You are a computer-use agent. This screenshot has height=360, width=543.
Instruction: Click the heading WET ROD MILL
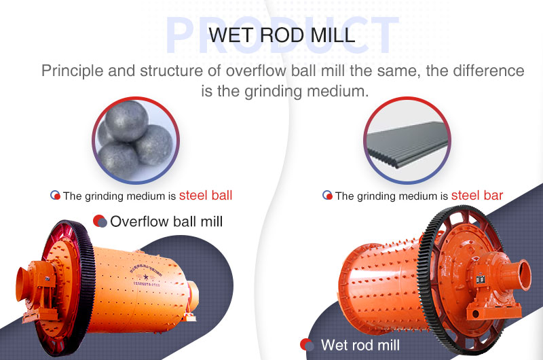coord(282,35)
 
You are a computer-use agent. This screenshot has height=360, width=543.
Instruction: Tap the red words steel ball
coord(206,196)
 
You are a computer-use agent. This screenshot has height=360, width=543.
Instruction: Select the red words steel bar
coord(477,196)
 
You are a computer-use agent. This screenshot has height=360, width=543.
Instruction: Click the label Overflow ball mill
coord(166,221)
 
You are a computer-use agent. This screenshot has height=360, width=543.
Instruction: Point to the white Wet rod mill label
coord(360,345)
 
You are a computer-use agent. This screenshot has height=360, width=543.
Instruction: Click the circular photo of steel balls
coord(136,141)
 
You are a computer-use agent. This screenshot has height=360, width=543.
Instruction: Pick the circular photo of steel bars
coord(407,141)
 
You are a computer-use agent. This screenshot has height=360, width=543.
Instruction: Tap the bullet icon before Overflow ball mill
coord(100,221)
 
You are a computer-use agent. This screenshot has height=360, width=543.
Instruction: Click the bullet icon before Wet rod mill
coord(307,345)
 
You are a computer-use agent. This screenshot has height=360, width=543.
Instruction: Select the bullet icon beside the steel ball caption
coord(55,196)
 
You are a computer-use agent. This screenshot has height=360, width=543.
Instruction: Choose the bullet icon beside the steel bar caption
coord(327,196)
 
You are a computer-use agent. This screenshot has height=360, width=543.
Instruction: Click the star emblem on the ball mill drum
coord(146,277)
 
